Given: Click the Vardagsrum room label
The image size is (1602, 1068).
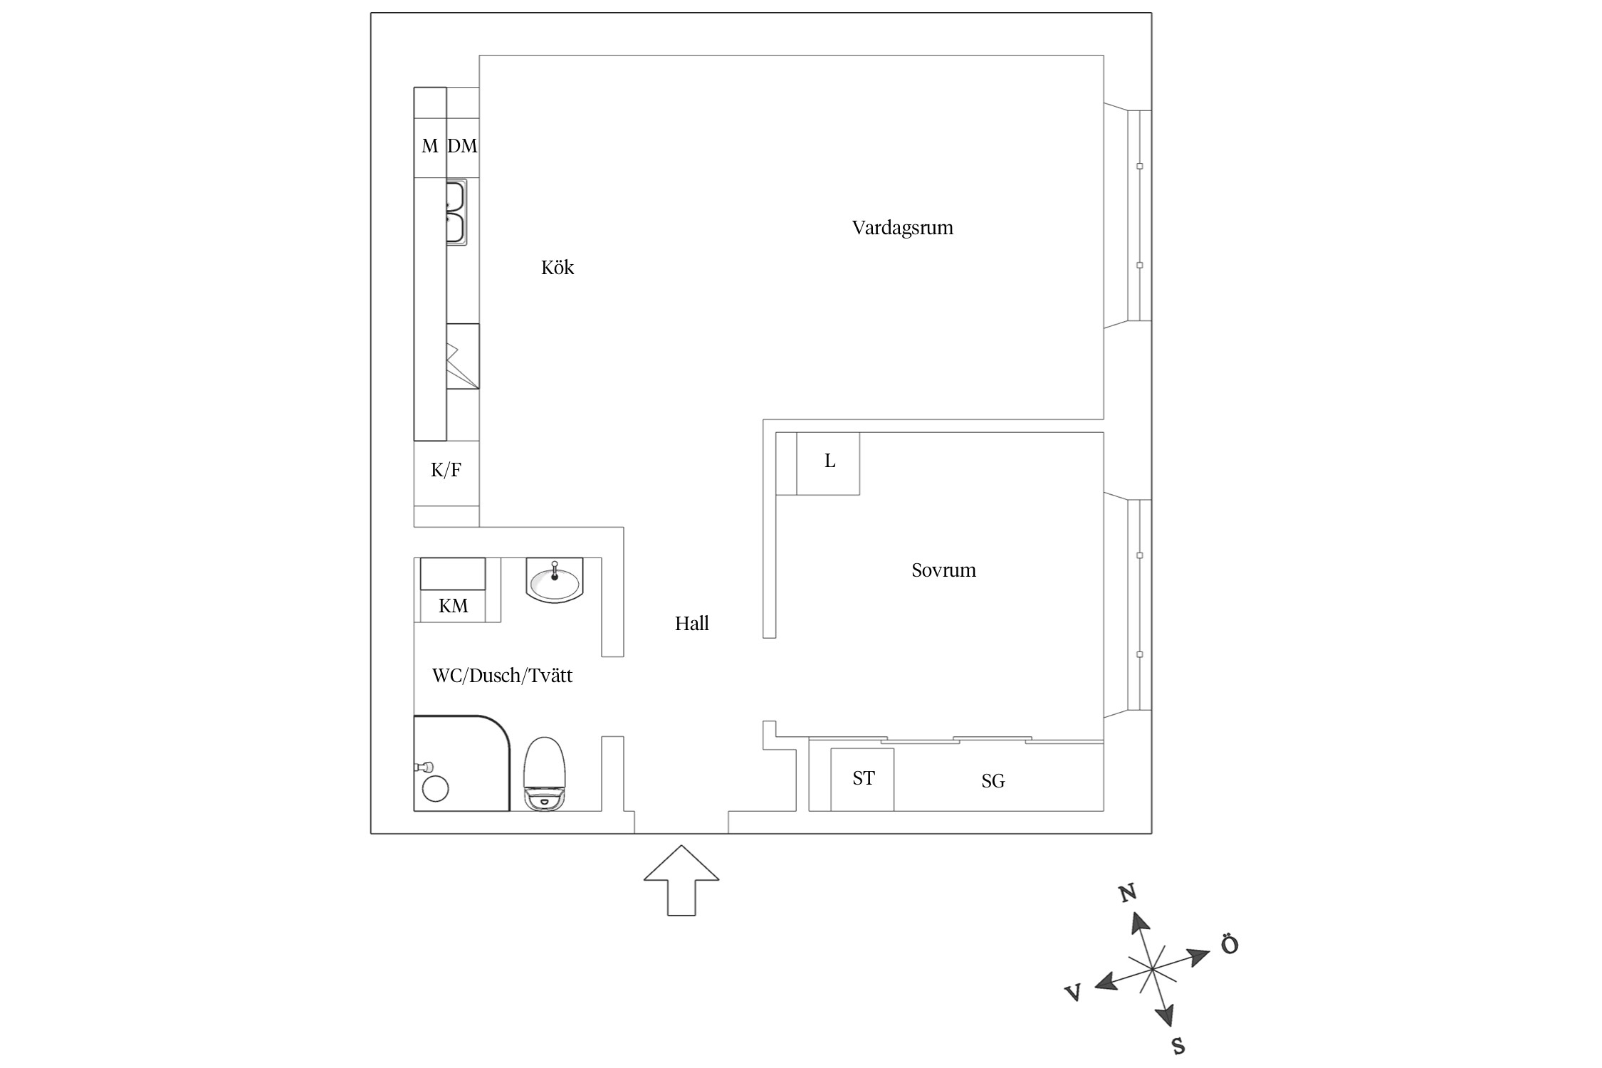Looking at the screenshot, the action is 902,229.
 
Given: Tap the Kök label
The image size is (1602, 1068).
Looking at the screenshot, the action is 557,268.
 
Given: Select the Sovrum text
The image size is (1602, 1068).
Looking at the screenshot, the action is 943,570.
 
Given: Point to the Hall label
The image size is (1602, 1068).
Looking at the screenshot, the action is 692,624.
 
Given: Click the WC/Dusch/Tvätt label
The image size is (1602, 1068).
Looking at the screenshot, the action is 502,676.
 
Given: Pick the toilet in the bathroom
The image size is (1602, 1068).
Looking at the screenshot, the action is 545,773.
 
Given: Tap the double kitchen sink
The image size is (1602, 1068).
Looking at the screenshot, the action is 456,212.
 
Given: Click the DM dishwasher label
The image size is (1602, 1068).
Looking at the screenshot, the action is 462,146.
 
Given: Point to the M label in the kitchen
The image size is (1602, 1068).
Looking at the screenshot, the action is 429,146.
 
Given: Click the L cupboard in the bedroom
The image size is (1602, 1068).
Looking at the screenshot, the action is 828,463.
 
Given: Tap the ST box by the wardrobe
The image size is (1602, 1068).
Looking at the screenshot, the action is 862,779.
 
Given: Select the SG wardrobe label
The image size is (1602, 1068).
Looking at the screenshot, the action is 993,781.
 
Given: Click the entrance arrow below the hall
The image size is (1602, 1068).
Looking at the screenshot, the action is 681,880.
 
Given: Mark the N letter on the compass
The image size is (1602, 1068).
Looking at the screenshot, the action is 1127,893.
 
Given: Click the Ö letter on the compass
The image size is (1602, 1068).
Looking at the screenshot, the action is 1230,945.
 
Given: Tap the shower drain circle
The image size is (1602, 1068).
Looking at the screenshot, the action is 436,789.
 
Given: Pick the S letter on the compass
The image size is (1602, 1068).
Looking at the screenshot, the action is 1178,1045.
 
